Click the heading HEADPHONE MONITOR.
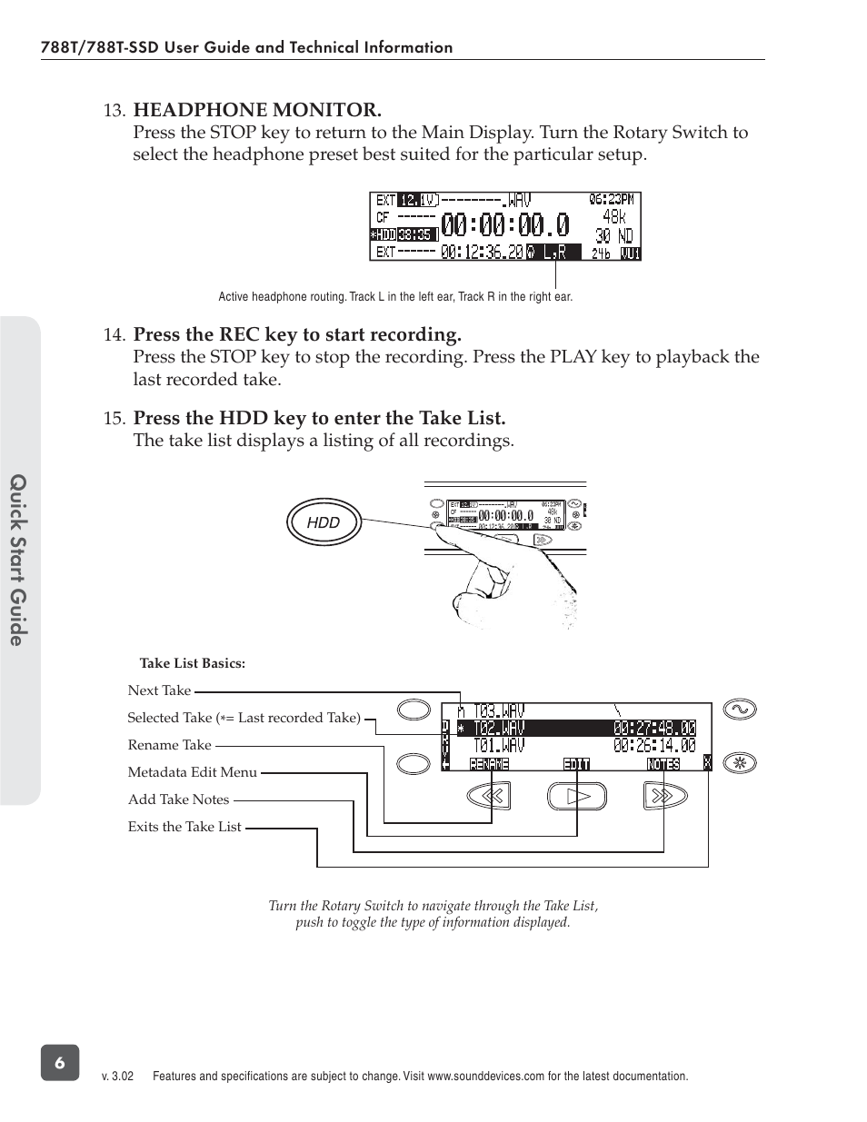(257, 110)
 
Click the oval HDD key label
(324, 522)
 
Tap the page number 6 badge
(60, 1063)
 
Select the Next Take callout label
(159, 690)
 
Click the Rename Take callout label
(169, 745)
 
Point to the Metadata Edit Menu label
(192, 772)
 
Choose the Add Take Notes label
(178, 799)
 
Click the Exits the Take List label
(184, 827)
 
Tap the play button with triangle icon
(577, 796)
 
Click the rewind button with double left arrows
(490, 796)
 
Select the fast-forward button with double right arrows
(663, 796)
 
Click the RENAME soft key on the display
(489, 764)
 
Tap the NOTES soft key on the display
(663, 764)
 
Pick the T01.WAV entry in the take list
(499, 746)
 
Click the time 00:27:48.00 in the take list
(654, 728)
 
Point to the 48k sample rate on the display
(613, 217)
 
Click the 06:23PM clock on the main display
(613, 199)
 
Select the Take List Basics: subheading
(192, 663)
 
